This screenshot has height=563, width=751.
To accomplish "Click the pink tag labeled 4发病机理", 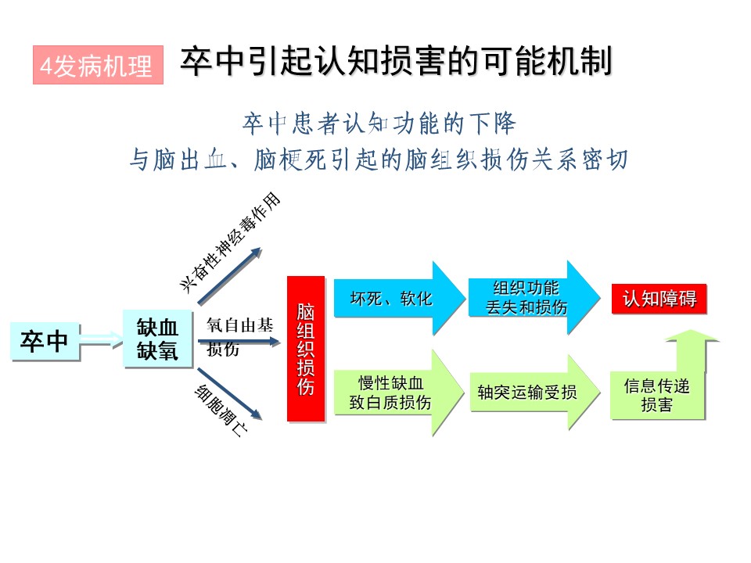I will tap(98, 66).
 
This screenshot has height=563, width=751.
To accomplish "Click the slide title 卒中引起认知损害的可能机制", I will tap(396, 63).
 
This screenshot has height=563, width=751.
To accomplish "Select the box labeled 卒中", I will tap(45, 341).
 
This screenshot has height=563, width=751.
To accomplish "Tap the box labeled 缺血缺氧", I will tap(157, 339).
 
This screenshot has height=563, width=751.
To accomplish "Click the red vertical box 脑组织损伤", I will tap(306, 349).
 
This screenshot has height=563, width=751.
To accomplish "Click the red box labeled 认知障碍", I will tap(659, 299).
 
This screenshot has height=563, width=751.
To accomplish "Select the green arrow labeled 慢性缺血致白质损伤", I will tap(396, 393).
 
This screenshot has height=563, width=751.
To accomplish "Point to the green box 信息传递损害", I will tap(657, 395).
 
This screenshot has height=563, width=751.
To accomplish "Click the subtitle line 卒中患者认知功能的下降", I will tap(379, 124).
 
